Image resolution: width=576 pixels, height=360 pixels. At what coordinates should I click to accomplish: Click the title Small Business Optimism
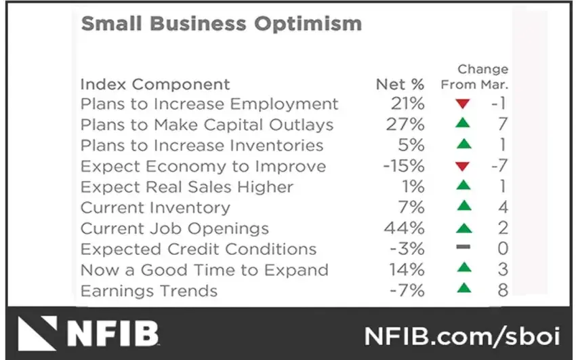tap(221, 24)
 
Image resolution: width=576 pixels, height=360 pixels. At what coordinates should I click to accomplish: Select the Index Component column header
tap(155, 85)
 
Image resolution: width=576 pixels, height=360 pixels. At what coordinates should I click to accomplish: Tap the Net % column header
tap(400, 85)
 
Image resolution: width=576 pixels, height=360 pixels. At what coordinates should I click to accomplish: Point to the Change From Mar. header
tap(474, 77)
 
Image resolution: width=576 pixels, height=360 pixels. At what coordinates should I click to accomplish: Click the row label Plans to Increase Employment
tap(209, 104)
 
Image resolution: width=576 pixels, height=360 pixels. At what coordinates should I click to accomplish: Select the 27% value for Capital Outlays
tap(407, 125)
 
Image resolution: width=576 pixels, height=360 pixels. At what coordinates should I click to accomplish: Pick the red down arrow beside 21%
tap(463, 104)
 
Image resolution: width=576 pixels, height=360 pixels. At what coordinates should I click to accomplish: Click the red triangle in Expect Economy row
tap(463, 167)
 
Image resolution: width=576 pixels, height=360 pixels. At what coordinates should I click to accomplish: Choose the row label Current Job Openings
tap(174, 228)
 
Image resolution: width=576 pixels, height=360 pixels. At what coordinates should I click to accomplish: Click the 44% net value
tap(407, 228)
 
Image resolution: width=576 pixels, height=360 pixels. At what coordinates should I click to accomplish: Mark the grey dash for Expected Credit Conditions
tap(463, 249)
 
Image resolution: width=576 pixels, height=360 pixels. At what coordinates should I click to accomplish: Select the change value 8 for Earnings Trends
tap(501, 291)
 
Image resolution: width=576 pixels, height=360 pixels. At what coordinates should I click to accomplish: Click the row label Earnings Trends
tap(149, 291)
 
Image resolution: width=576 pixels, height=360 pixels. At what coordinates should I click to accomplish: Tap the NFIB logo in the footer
tap(88, 334)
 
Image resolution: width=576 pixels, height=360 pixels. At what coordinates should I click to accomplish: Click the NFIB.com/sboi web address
tap(461, 335)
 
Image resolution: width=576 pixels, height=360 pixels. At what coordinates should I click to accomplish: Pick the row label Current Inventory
tap(155, 208)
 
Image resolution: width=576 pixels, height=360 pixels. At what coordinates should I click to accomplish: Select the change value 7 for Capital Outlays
tap(501, 125)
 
